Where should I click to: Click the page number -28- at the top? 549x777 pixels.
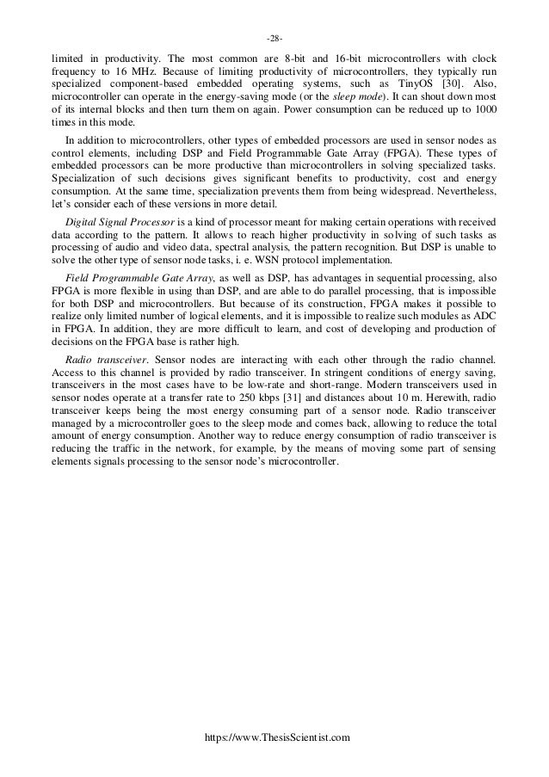(x=274, y=39)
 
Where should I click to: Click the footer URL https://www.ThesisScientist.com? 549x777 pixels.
(x=274, y=738)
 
